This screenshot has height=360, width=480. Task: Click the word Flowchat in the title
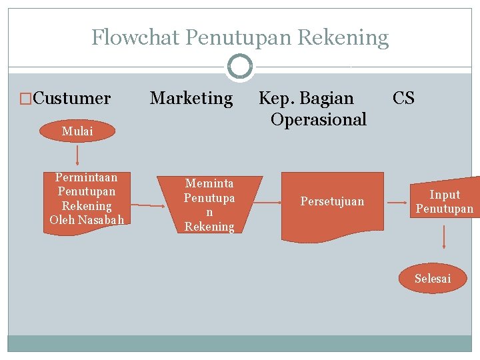135,37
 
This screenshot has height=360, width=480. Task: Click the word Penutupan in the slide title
238,37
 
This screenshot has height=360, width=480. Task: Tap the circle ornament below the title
240,67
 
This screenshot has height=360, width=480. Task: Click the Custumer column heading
71,99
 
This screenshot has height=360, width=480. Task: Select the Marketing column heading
191,99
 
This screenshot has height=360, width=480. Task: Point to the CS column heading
403,99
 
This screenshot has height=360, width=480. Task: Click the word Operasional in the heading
319,120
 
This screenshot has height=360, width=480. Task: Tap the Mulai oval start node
77,131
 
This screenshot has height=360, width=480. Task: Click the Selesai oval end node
433,279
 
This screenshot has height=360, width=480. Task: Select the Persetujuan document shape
333,203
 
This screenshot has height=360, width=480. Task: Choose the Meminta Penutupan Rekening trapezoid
209,204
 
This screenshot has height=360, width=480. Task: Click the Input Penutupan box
445,201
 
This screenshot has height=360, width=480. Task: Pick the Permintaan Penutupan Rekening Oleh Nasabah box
87,199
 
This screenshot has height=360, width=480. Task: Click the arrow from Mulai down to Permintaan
77,155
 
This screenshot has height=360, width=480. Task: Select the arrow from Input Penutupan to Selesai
443,237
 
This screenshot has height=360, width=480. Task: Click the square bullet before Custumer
26,99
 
